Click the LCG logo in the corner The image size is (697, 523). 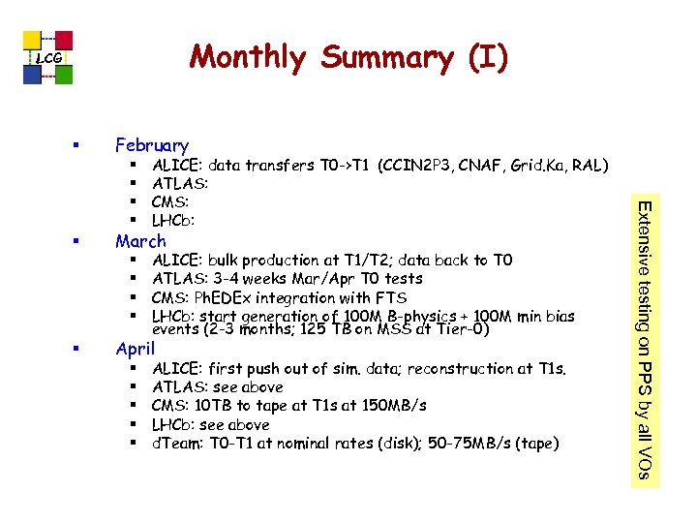coord(48,58)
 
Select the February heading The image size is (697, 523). coord(152,145)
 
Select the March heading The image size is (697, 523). coord(140,241)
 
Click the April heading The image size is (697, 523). coord(135,348)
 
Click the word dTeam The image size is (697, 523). coord(176,443)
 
